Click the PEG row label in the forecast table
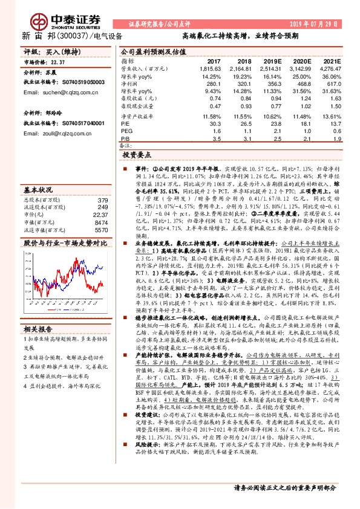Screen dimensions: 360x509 pyautogui.click(x=126, y=130)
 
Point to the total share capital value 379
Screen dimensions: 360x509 pyautogui.click(x=103, y=200)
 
